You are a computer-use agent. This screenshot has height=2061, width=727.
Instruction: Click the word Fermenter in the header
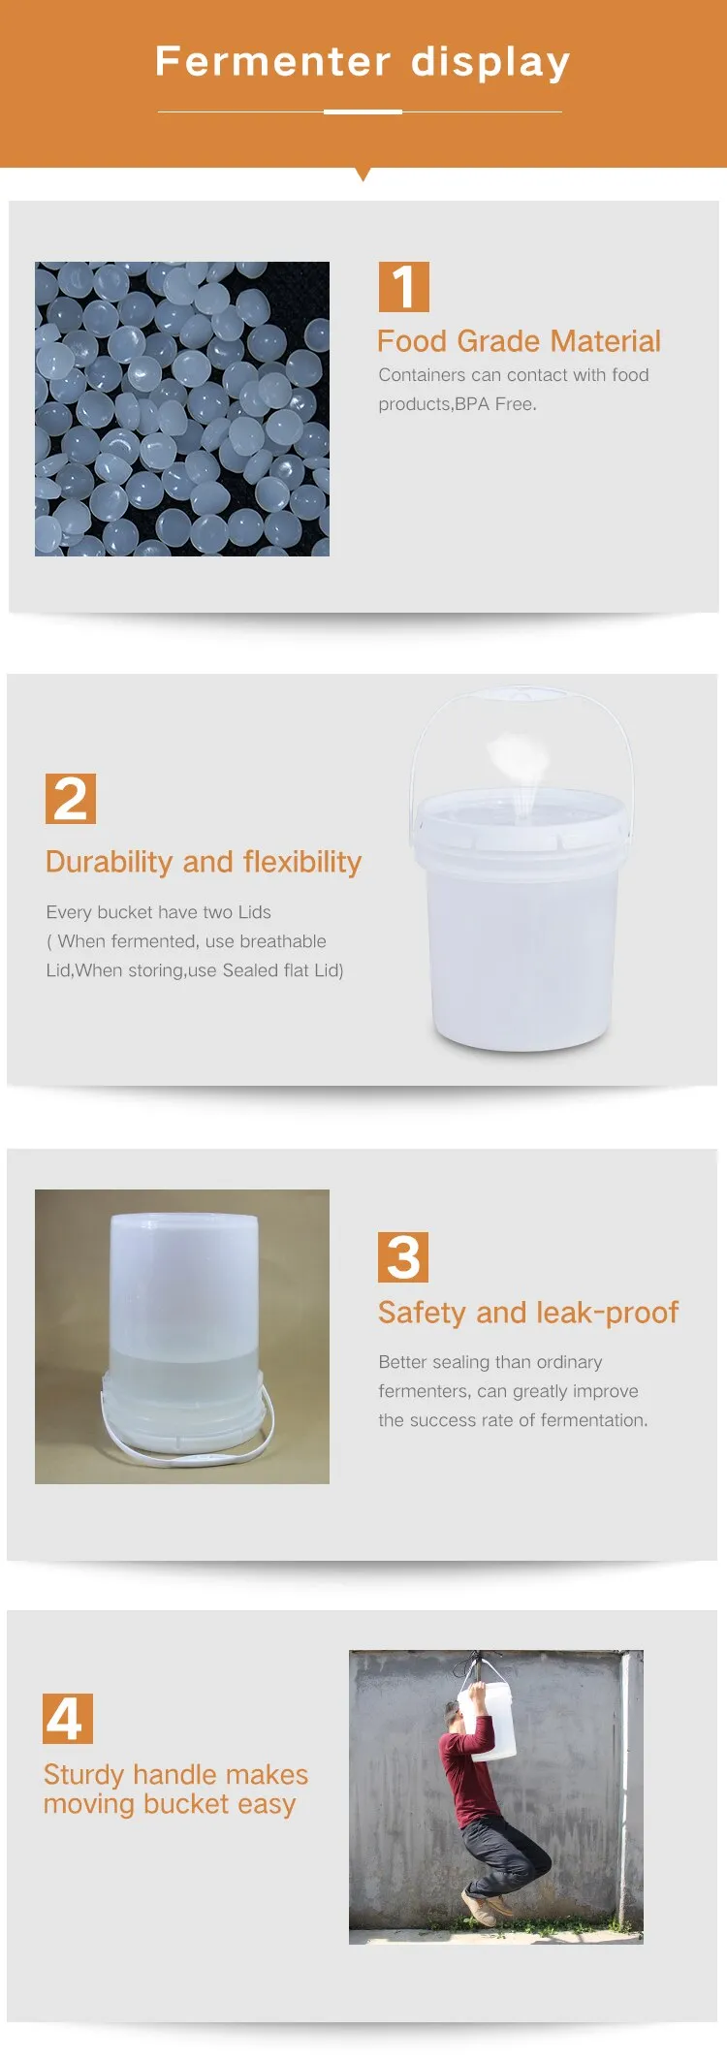coord(272,62)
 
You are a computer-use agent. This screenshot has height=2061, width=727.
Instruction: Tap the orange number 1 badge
coord(403,287)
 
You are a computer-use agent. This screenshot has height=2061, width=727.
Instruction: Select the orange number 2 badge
coord(70,799)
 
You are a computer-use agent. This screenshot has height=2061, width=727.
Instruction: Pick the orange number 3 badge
coord(402,1256)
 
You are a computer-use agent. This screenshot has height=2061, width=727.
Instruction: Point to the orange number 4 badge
coord(67,1719)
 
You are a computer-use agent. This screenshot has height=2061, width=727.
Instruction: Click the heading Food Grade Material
coord(519,341)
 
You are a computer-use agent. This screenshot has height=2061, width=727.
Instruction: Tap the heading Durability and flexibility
coord(204,862)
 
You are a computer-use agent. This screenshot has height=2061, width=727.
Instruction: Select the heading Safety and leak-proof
coord(528,1313)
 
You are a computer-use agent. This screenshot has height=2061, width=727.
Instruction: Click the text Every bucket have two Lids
coord(159,912)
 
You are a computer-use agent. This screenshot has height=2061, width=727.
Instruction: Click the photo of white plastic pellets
coord(182,409)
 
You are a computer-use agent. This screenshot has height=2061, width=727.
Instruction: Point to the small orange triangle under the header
coord(363,174)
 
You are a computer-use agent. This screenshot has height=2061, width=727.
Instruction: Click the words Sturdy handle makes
coord(175,1775)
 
